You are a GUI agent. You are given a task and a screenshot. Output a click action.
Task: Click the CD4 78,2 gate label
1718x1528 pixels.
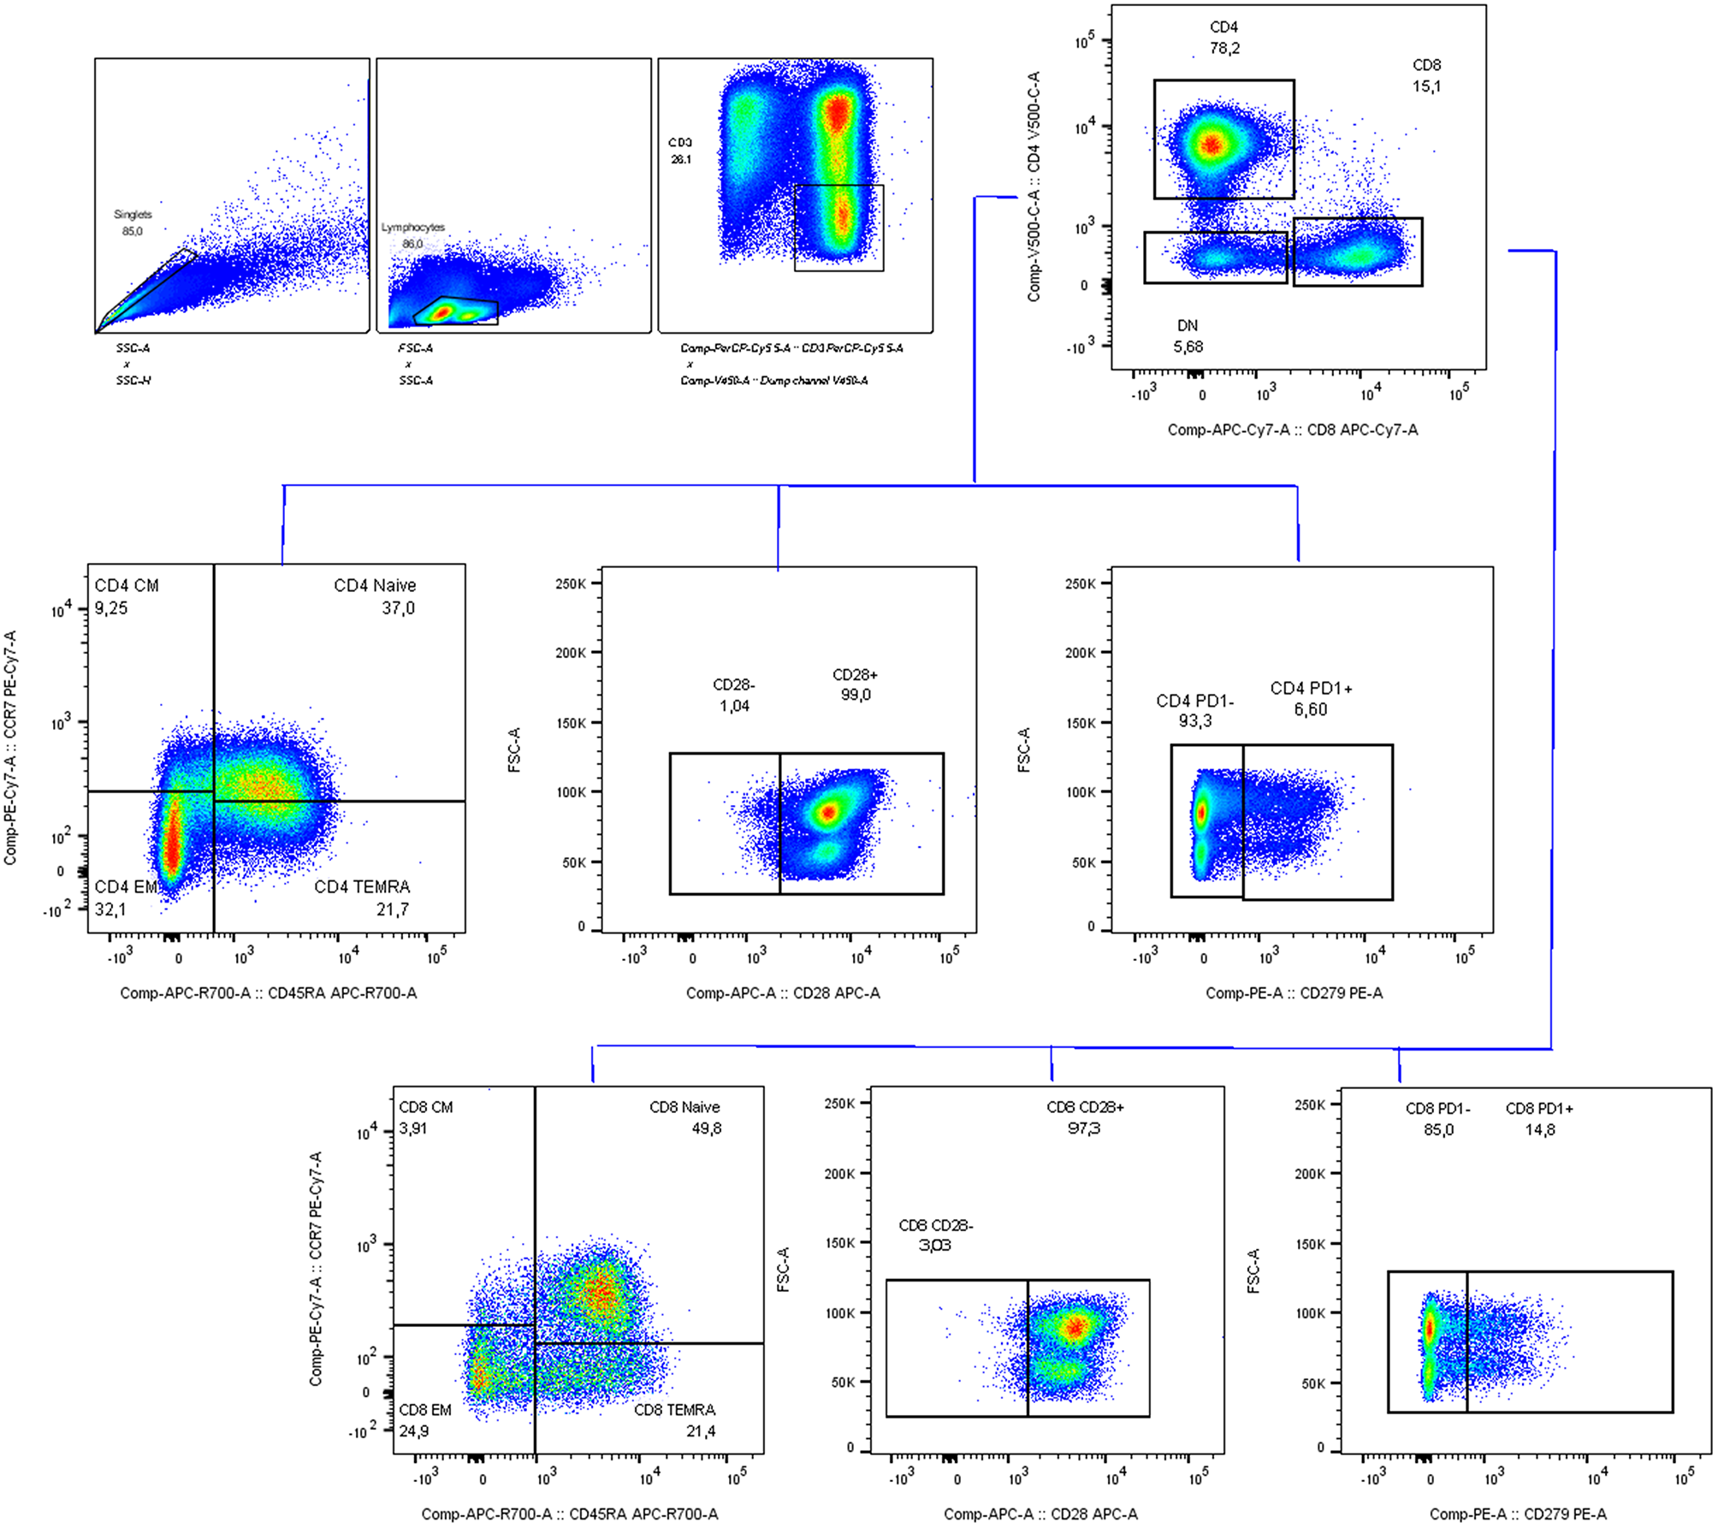(x=1224, y=38)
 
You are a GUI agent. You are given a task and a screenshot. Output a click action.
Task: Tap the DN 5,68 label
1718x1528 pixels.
(x=1188, y=336)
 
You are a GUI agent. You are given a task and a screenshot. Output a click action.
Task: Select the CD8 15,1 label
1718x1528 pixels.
(x=1426, y=75)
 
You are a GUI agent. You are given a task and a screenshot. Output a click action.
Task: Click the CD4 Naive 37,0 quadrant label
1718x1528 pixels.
(x=376, y=596)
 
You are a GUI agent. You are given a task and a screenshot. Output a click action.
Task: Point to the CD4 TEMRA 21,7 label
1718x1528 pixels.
(x=363, y=897)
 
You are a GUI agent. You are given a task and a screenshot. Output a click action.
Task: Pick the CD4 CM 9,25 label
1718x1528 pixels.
(x=126, y=596)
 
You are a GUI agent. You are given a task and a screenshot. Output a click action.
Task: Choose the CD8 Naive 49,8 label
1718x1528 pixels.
(x=685, y=1117)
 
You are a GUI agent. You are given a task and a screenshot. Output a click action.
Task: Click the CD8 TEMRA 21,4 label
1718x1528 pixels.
(x=675, y=1420)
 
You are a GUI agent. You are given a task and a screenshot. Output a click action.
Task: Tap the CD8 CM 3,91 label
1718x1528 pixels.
(x=425, y=1117)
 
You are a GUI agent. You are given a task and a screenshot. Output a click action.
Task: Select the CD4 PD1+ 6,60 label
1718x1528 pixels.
(x=1311, y=699)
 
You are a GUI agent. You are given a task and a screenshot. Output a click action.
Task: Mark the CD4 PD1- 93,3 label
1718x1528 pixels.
(x=1194, y=711)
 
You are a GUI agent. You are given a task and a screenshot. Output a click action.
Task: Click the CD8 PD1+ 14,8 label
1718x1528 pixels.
(x=1539, y=1119)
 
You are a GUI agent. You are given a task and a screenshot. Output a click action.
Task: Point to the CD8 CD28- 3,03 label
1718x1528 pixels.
(x=935, y=1235)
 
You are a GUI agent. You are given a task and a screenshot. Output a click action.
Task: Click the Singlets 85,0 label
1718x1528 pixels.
(x=133, y=222)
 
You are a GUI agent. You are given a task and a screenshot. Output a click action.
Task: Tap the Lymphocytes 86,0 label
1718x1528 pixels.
(x=413, y=235)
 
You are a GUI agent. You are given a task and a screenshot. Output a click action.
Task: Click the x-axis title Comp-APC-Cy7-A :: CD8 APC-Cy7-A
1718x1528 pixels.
(x=1293, y=430)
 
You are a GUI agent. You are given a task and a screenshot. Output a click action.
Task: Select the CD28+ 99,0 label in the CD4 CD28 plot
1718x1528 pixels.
(x=855, y=684)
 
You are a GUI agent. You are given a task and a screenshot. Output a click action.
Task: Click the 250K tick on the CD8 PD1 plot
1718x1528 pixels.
(x=1309, y=1105)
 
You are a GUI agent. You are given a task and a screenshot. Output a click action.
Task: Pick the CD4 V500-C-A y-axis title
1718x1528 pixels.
(x=1034, y=186)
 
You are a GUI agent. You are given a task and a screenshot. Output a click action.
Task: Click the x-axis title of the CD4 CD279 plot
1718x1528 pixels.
(x=1294, y=993)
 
